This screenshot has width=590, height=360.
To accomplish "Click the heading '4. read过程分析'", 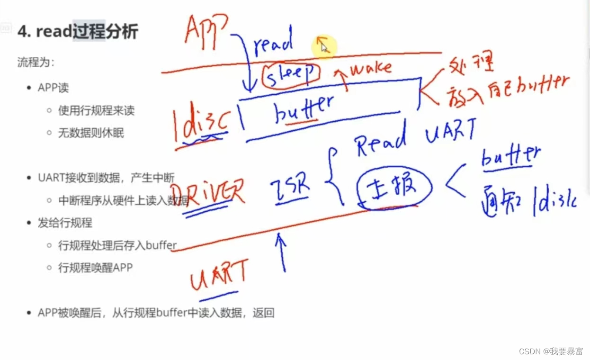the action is [78, 32].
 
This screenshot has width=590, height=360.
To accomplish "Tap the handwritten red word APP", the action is [206, 29].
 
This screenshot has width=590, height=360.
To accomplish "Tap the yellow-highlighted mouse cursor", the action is [323, 46].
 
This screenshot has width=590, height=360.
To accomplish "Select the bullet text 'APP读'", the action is [54, 88].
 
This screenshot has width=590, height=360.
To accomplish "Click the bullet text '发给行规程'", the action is [65, 223].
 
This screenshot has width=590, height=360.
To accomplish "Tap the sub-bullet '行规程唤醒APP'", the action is [95, 268].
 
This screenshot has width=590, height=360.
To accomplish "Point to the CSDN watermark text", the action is [551, 351].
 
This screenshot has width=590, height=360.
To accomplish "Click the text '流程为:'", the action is [36, 62].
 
